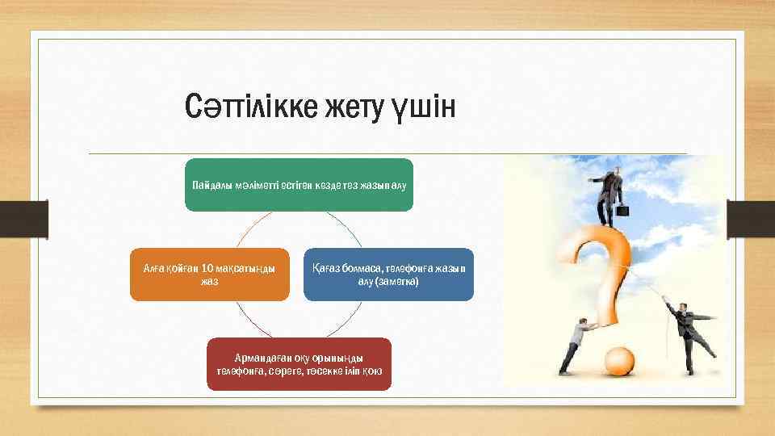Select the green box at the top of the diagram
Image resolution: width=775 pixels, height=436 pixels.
coord(299,185)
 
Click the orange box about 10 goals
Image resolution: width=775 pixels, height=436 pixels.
coord(210,275)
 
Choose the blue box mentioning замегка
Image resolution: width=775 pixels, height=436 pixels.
coord(388,275)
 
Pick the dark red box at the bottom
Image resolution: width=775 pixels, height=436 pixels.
coord(299,364)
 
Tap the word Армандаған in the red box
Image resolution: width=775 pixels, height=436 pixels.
coord(261,358)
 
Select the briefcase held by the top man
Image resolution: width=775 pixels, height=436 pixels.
coord(622,210)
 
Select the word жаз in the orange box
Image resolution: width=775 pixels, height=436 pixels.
coord(210,283)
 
